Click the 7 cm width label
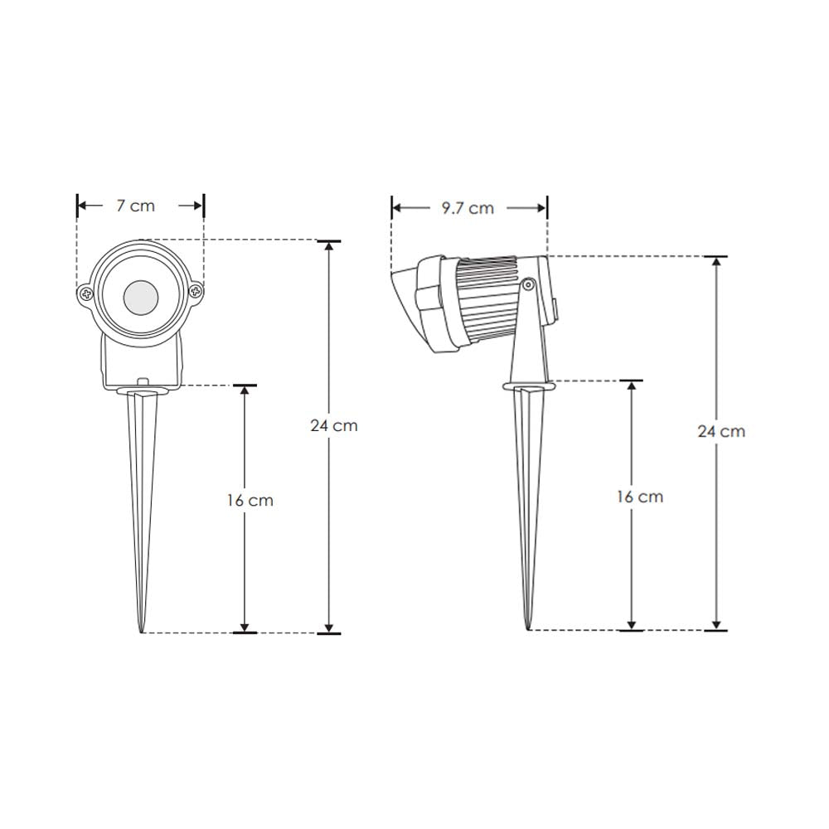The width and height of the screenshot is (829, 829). click(x=135, y=206)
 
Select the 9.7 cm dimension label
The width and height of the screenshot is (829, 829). click(x=467, y=208)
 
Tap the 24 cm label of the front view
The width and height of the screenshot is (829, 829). click(x=333, y=425)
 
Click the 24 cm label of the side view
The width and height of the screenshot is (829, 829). click(x=720, y=431)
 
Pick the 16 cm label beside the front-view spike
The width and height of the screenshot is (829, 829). click(x=250, y=500)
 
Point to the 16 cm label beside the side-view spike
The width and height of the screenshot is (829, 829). click(x=639, y=497)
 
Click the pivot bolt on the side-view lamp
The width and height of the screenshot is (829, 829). click(x=527, y=285)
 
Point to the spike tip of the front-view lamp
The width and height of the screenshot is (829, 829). click(x=141, y=632)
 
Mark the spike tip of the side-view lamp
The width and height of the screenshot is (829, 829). click(x=528, y=628)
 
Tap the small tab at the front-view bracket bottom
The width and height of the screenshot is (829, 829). click(x=142, y=382)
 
